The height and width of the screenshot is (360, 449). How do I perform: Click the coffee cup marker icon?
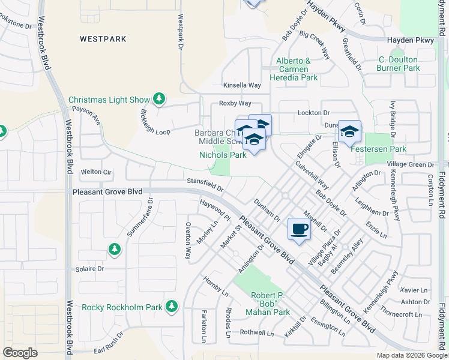click(300, 229)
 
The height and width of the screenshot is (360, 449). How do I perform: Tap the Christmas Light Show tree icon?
click(159, 98)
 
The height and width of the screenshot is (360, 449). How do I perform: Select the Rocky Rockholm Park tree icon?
click(172, 307)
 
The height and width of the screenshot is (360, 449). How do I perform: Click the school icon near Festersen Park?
click(349, 131)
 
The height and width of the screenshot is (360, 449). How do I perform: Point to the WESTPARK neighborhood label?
click(103, 39)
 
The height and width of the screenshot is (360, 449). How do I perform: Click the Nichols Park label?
click(223, 155)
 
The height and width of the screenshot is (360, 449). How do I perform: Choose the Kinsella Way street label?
click(242, 86)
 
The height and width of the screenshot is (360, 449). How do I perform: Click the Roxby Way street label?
click(235, 104)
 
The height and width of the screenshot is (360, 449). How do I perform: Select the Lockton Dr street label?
click(314, 113)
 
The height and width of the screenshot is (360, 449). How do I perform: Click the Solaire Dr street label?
click(90, 269)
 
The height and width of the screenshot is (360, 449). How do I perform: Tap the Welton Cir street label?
click(97, 172)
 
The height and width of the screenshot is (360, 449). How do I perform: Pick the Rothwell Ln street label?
click(256, 332)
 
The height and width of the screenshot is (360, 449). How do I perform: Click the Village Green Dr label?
click(411, 164)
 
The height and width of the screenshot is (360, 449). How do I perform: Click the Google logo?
click(20, 353)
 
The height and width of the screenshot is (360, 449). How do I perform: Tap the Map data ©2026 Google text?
click(411, 355)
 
